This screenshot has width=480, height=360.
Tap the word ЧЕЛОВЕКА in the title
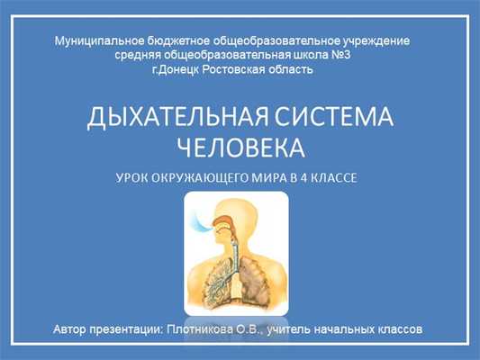pos(239,147)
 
